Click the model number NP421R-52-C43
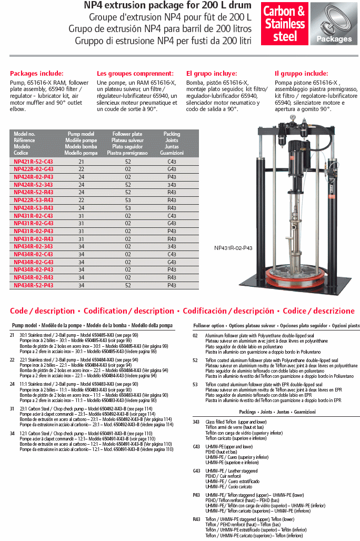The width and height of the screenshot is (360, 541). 33,162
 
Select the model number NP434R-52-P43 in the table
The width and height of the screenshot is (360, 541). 33,285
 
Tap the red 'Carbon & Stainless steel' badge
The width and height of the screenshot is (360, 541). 285,24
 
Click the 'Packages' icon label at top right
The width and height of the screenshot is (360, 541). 334,39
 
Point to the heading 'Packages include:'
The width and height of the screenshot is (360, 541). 37,74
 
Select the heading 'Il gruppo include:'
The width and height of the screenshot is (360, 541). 301,74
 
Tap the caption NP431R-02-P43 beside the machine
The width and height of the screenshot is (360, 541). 233,248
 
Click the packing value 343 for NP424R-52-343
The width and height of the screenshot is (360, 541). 172,185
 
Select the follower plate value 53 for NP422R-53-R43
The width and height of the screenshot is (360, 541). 127,201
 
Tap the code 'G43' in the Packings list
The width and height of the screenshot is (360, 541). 196,470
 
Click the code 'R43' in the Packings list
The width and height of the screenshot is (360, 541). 196,519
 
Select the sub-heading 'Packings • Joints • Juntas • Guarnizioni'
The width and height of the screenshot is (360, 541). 277,412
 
